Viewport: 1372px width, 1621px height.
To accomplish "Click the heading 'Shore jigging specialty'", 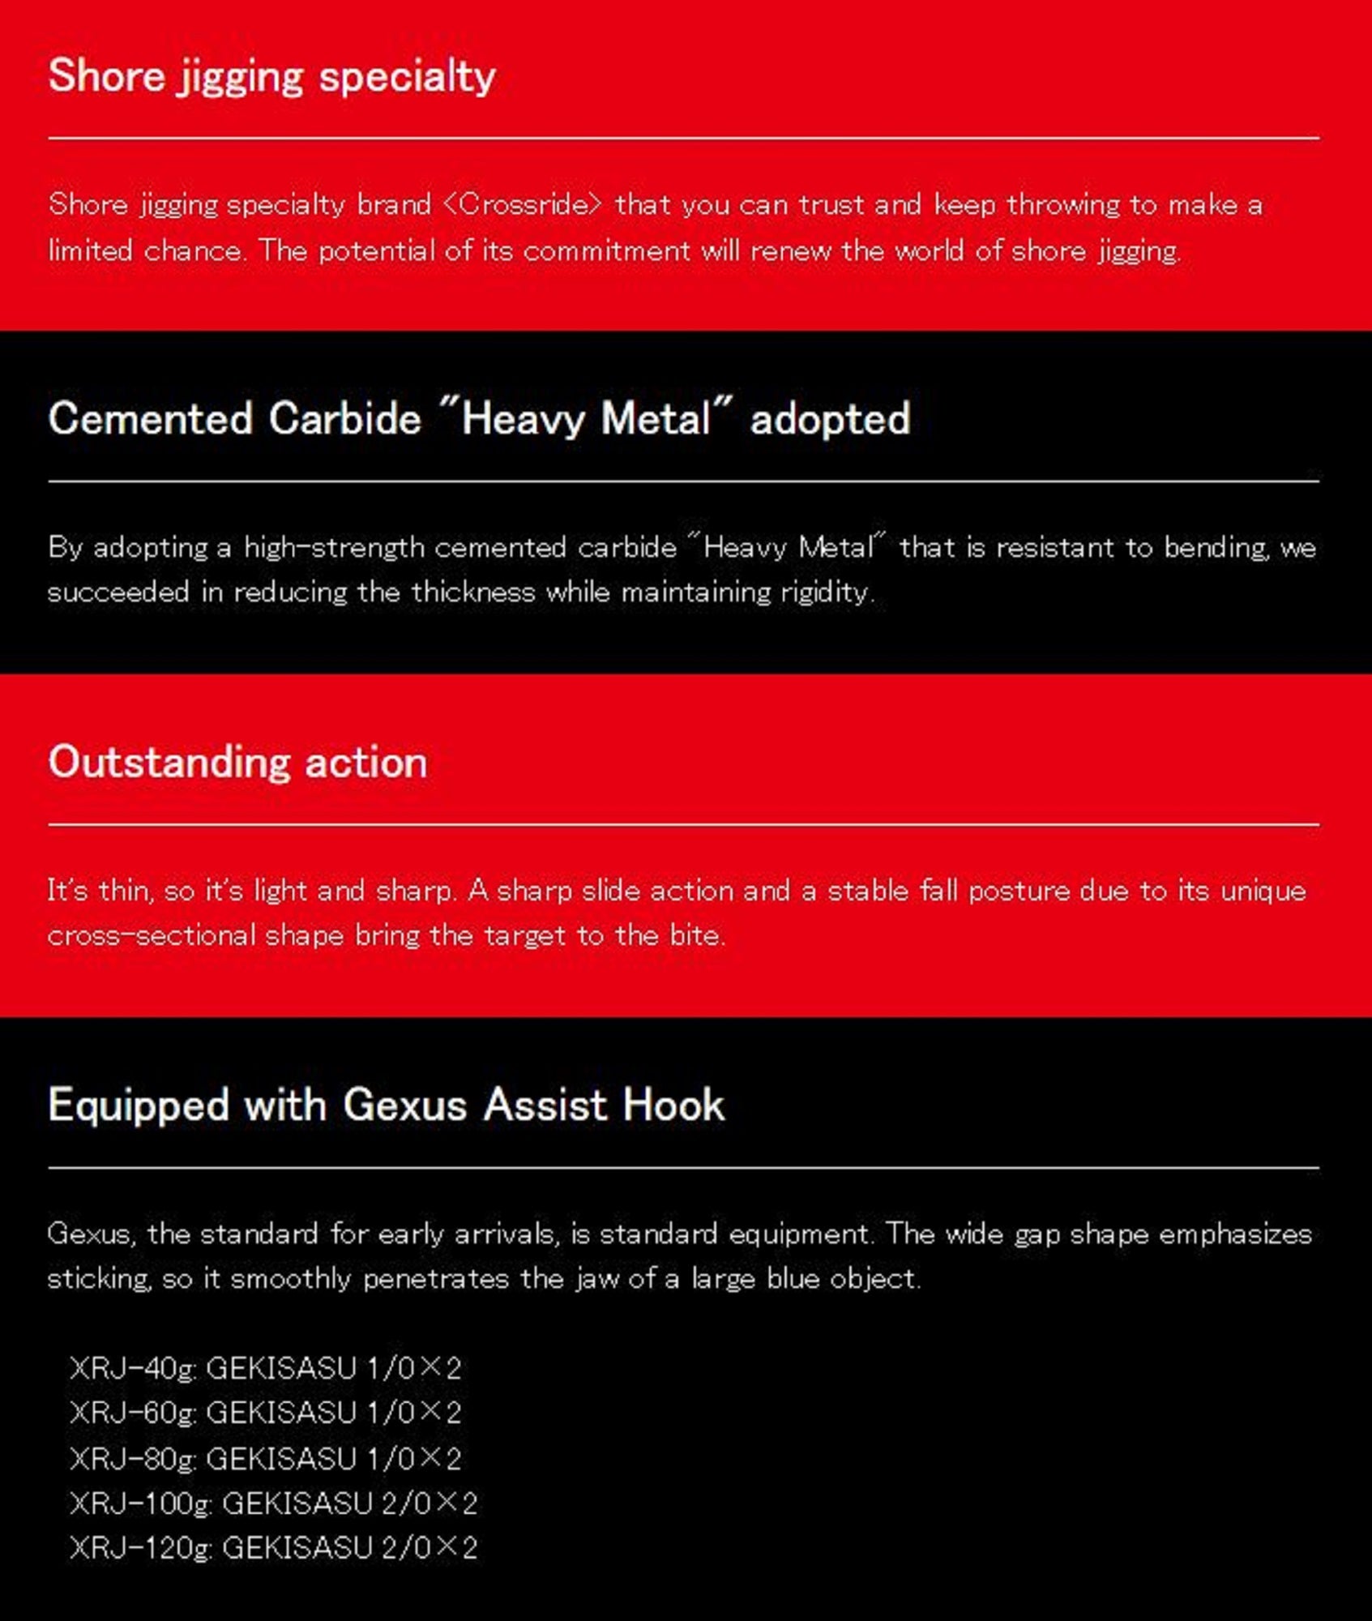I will pyautogui.click(x=271, y=77).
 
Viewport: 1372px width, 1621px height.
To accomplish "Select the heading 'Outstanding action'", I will pyautogui.click(x=237, y=763).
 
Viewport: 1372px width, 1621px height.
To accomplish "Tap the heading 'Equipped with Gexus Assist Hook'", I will pyautogui.click(x=386, y=1106).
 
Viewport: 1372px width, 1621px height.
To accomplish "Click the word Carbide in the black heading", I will pyautogui.click(x=344, y=420).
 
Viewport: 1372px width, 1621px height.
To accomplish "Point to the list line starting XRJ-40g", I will pyautogui.click(x=266, y=1369).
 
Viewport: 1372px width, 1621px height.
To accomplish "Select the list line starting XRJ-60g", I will pyautogui.click(x=266, y=1414).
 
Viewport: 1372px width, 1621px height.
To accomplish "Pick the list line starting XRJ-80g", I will pyautogui.click(x=266, y=1459).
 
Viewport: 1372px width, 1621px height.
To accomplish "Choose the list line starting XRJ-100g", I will pyautogui.click(x=274, y=1503).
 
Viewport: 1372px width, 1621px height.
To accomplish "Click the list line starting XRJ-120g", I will pyautogui.click(x=274, y=1548).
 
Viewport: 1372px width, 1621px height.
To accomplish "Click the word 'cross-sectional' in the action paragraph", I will pyautogui.click(x=152, y=936).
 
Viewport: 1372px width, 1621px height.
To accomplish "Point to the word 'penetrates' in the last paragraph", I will pyautogui.click(x=436, y=1279).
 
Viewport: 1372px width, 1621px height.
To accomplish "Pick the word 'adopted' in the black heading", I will pyautogui.click(x=830, y=420).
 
